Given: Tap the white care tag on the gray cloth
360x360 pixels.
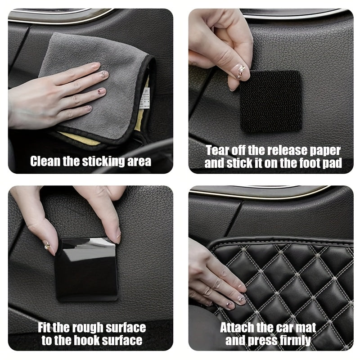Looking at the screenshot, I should click(145, 97).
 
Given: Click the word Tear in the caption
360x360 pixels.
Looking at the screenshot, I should click(218, 150).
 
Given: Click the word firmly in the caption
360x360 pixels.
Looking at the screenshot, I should click(292, 340).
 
